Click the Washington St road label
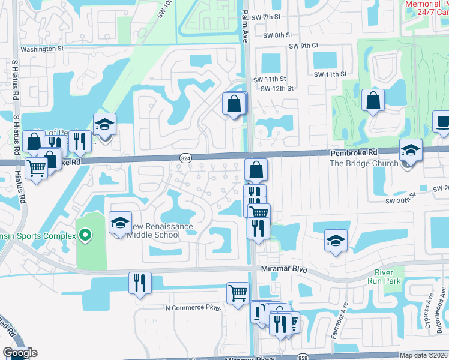(x=42, y=49)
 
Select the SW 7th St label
(x=267, y=17)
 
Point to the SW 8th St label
(x=276, y=35)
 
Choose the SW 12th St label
(x=277, y=88)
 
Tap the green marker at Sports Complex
(x=85, y=236)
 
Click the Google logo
(x=20, y=353)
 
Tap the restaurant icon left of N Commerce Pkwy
(x=140, y=283)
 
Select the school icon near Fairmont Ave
(x=336, y=241)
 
